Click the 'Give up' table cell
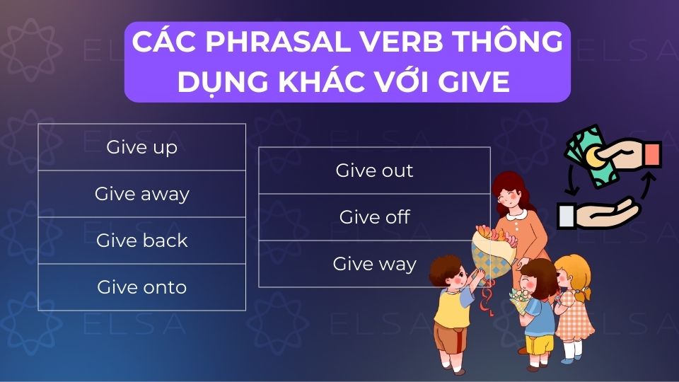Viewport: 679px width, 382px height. [x=141, y=147]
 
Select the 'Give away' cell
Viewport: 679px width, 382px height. [x=141, y=194]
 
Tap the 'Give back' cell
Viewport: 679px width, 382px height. [x=141, y=241]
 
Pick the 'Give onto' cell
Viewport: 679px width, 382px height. [x=141, y=287]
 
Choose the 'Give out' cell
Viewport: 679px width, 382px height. [x=374, y=170]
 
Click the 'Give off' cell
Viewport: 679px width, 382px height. [x=374, y=217]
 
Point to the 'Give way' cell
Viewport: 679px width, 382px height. [x=374, y=264]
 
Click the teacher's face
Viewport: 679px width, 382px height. [x=511, y=199]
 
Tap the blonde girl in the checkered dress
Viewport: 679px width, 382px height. [x=574, y=304]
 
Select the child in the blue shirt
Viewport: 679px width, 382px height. [x=539, y=311]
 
